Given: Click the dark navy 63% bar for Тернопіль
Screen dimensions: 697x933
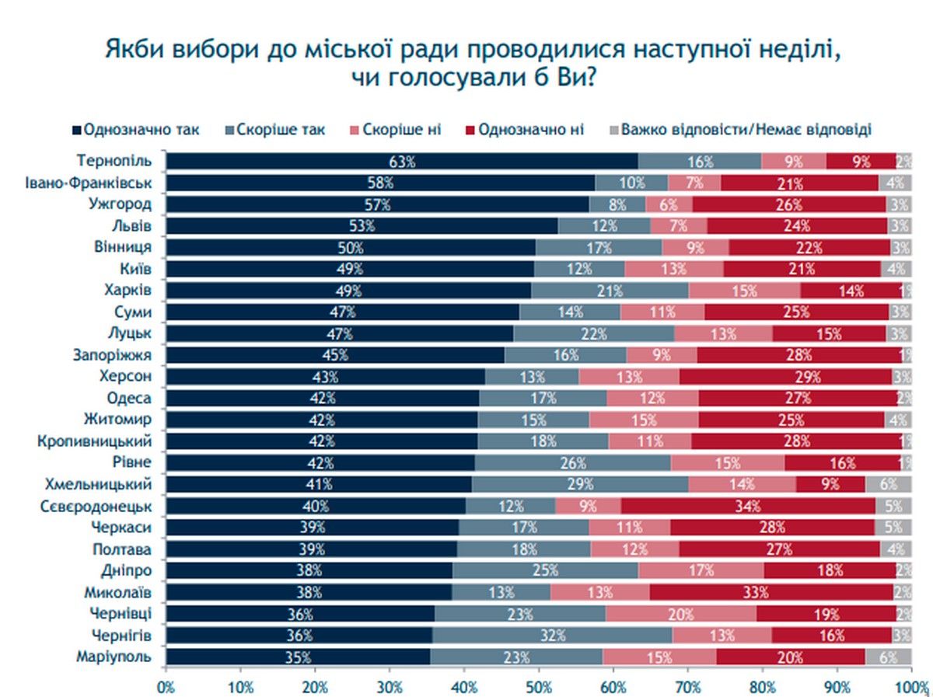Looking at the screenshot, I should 402,162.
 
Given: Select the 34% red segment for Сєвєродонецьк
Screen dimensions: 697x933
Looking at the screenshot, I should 748,506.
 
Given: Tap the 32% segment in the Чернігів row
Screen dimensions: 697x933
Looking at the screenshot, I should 552,635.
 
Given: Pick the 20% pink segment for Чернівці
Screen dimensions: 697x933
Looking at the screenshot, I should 680,614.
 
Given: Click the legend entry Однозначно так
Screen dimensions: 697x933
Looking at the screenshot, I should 135,129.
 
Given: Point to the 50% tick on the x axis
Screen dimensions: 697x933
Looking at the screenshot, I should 538,687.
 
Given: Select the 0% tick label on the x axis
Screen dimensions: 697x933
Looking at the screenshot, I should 166,687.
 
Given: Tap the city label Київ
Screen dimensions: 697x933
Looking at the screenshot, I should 135,269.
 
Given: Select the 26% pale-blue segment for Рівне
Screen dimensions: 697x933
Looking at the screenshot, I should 572,463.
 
